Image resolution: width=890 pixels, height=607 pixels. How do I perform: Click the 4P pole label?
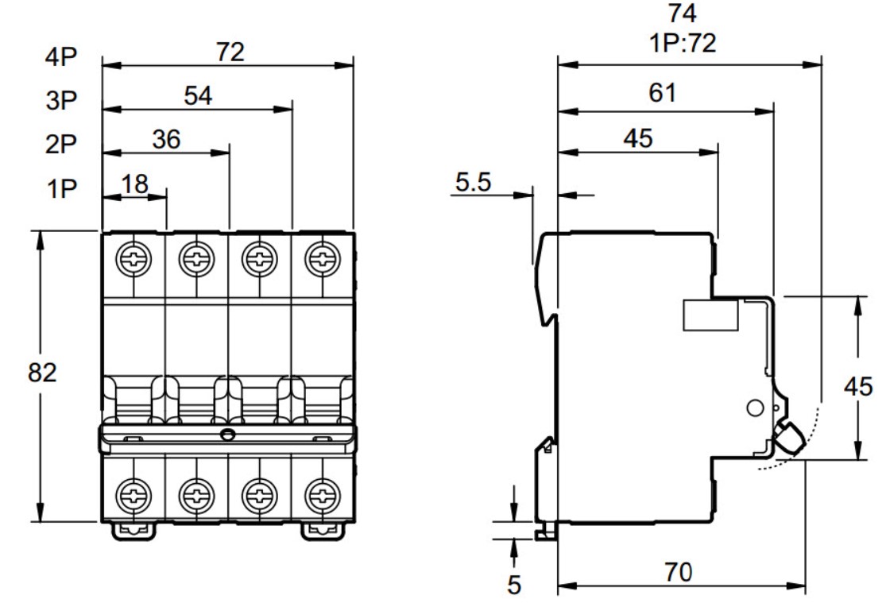61,56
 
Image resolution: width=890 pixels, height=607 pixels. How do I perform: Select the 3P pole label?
61,100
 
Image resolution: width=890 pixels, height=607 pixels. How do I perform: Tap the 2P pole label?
60,144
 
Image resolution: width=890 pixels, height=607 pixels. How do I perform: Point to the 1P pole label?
61,188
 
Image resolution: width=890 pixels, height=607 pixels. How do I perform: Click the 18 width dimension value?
135,184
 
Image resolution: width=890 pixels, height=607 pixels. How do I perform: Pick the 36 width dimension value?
166,140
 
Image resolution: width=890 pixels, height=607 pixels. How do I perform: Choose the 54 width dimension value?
198,96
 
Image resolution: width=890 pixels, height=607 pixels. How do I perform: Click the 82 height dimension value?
42,373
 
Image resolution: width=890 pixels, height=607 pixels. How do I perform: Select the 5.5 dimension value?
473,182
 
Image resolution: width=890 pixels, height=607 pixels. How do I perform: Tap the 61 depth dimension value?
663,92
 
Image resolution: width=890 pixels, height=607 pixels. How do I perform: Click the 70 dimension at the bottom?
679,572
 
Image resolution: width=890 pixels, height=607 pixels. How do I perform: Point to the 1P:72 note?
683,43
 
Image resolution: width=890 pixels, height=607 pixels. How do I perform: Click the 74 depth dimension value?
683,14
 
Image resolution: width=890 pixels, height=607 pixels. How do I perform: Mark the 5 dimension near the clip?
513,585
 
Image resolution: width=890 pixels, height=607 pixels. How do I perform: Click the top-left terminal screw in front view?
133,259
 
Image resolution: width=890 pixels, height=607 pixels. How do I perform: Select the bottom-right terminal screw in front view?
323,495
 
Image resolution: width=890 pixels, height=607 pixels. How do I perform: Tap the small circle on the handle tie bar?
227,435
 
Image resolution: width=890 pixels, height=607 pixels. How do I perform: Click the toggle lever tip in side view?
790,437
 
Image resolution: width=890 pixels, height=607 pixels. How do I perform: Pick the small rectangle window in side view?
710,315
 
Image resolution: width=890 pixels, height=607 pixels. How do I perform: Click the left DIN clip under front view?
134,531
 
